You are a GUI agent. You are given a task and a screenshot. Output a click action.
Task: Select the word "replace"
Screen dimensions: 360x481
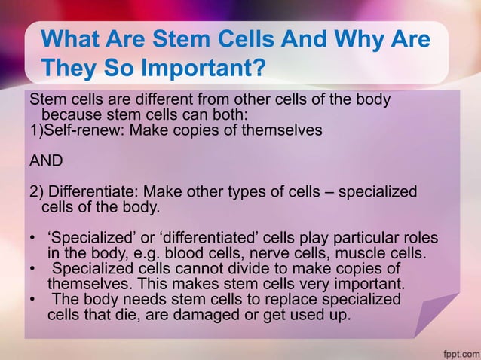click(286, 299)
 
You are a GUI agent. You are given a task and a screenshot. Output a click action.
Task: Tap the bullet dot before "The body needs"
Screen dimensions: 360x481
click(32, 299)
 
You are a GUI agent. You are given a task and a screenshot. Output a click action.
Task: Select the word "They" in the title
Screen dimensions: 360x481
click(65, 69)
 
